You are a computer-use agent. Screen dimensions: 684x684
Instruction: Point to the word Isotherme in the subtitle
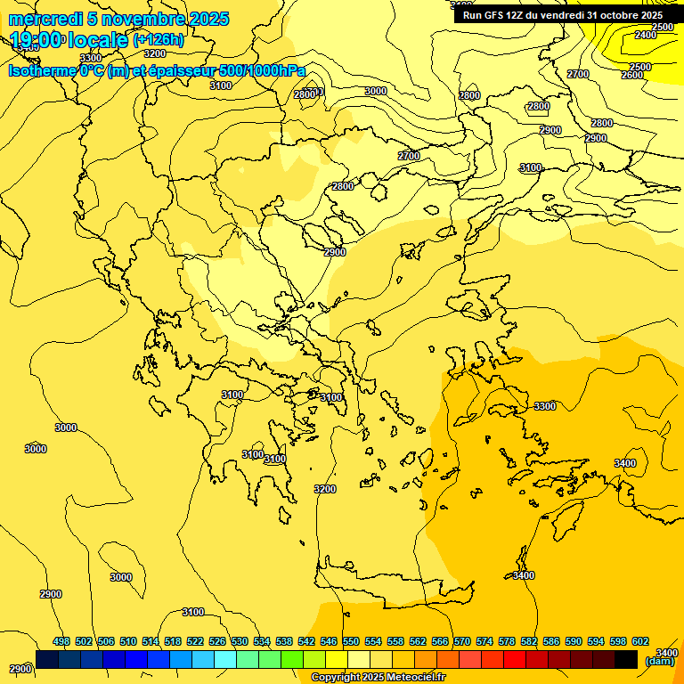tap(41, 69)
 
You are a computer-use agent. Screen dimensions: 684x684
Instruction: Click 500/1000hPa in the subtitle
tap(265, 69)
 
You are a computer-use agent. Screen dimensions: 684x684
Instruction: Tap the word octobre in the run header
tap(619, 15)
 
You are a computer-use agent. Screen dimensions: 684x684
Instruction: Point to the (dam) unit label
tap(660, 661)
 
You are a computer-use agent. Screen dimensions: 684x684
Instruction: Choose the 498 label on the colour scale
tap(61, 641)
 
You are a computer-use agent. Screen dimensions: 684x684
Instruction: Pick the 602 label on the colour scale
tap(640, 641)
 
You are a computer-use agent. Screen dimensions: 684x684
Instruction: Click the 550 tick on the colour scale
tap(351, 641)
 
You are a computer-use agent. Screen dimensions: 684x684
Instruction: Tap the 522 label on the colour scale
tap(195, 641)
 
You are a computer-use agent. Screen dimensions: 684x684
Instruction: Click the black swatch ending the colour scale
tap(626, 659)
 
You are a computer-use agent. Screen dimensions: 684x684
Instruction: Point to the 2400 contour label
tap(646, 35)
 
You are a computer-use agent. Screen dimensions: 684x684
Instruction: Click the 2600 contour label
tap(631, 75)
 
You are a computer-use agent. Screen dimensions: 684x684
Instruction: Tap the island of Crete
tap(392, 591)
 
